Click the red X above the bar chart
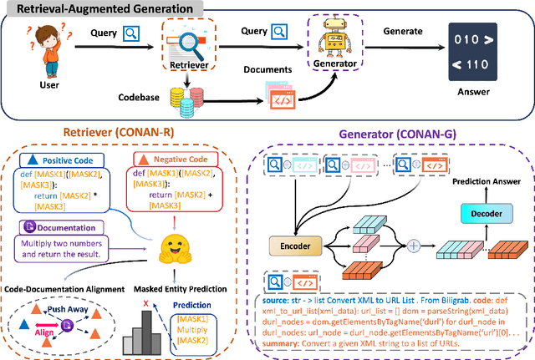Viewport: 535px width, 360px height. pyautogui.click(x=146, y=302)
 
